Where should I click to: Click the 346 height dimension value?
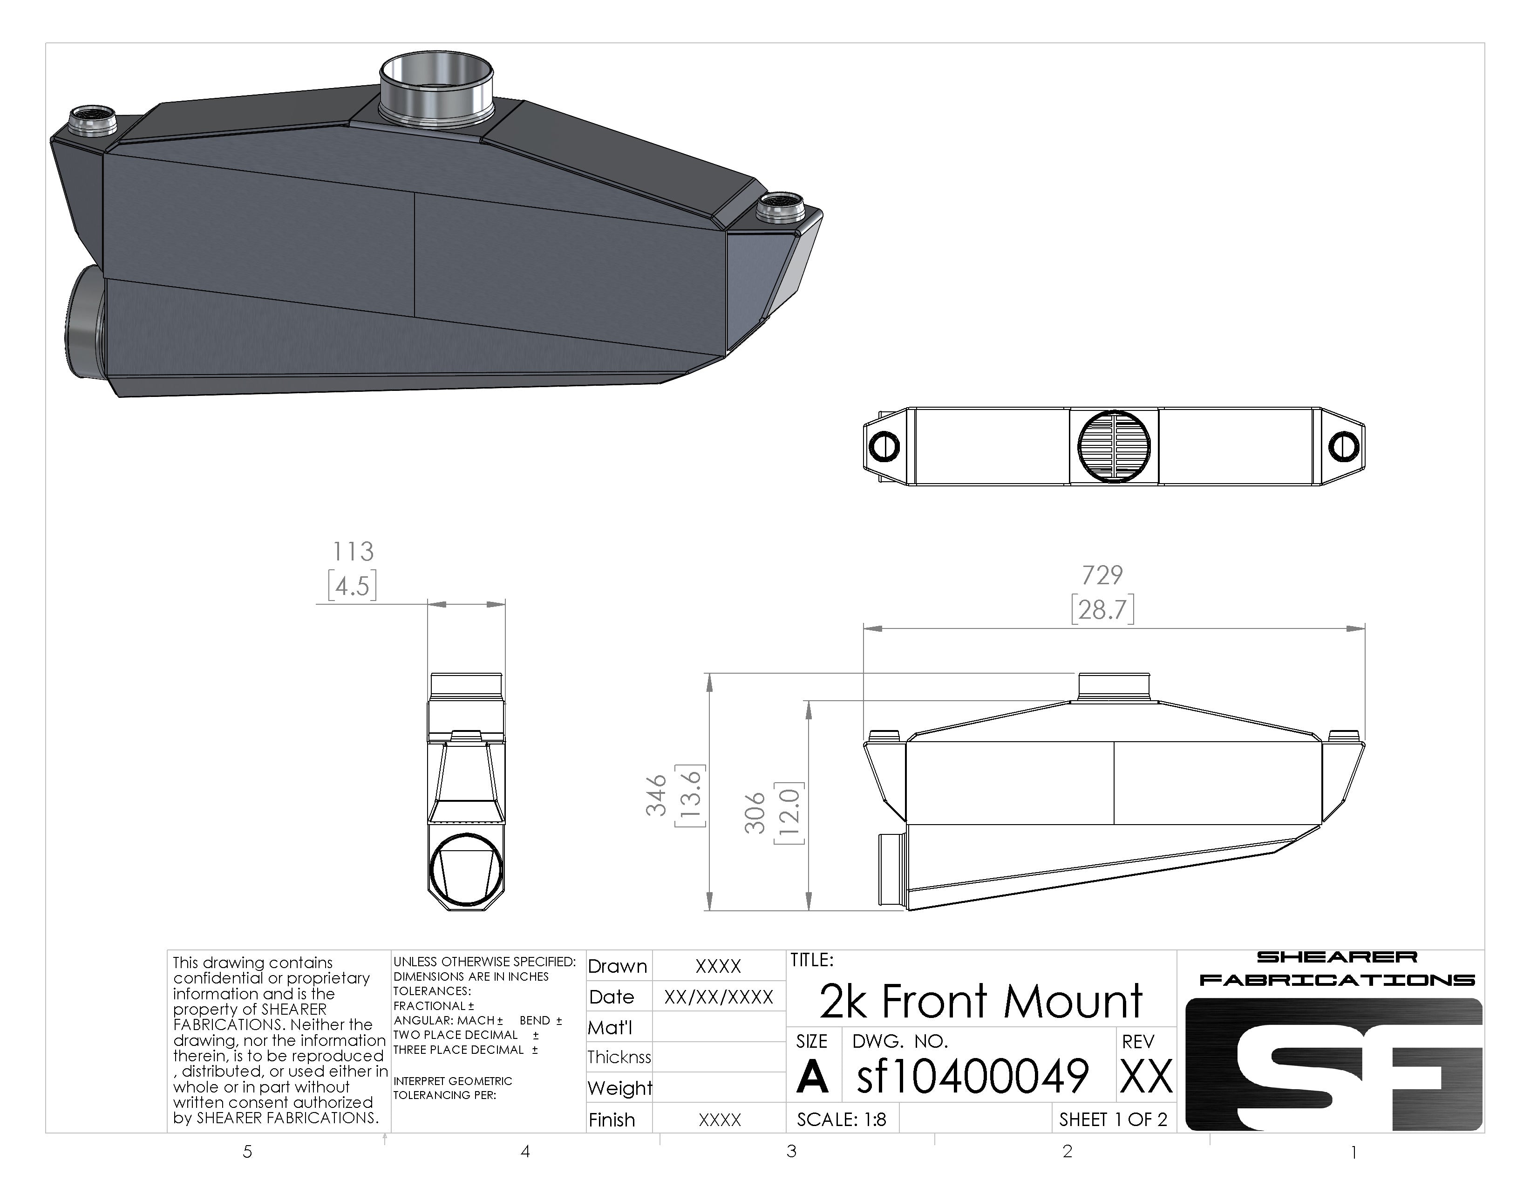(656, 795)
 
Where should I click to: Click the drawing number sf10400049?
(973, 1075)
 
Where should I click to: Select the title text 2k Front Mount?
(981, 1001)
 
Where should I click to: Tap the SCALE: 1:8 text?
(842, 1119)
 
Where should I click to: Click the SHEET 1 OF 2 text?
(1113, 1119)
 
